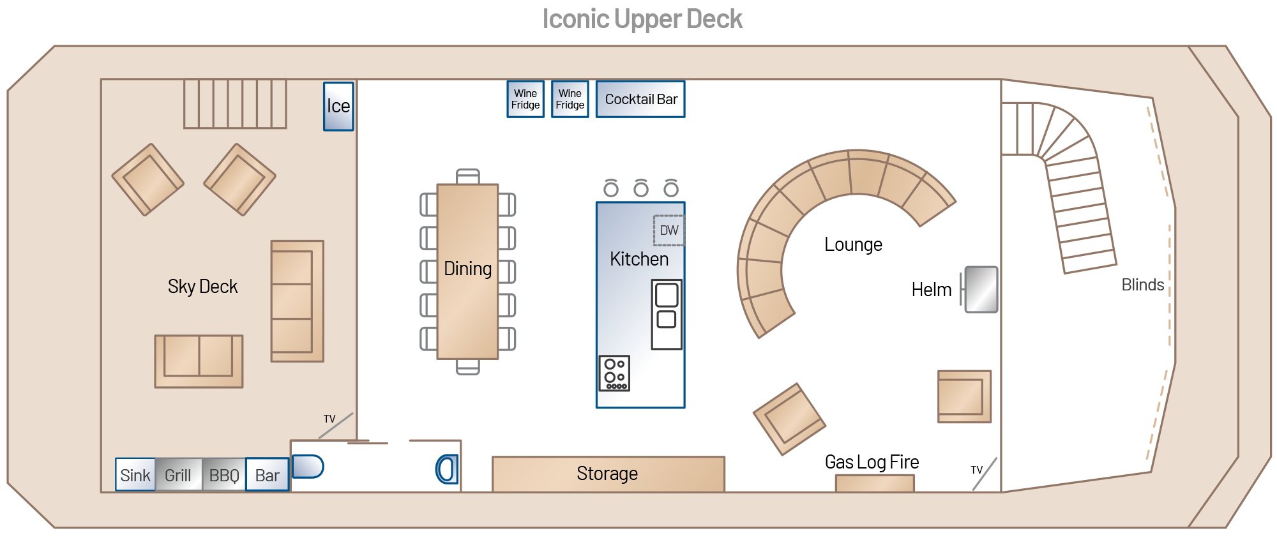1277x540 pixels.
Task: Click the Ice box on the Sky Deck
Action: coord(338,107)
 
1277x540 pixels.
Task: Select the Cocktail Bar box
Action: coord(640,100)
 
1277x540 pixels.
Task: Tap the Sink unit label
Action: coord(135,476)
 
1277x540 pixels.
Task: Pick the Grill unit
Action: coord(178,476)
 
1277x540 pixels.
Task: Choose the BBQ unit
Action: coord(224,476)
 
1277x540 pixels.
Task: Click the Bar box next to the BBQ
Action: coord(268,476)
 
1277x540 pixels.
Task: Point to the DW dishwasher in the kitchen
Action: coord(669,230)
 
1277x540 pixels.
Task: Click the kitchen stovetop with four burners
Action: coord(614,373)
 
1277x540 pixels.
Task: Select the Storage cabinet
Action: coord(608,474)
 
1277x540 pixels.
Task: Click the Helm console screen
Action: coord(981,290)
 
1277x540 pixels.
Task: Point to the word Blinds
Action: coord(1142,285)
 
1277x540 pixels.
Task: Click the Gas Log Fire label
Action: coord(872,462)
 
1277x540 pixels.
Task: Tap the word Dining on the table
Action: coord(468,269)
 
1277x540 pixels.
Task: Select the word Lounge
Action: coord(853,244)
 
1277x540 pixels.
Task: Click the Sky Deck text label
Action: coord(202,287)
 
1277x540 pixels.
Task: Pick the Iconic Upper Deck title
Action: coord(642,19)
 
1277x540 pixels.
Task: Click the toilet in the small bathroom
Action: coord(447,469)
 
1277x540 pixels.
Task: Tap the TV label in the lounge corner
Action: coord(976,470)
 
